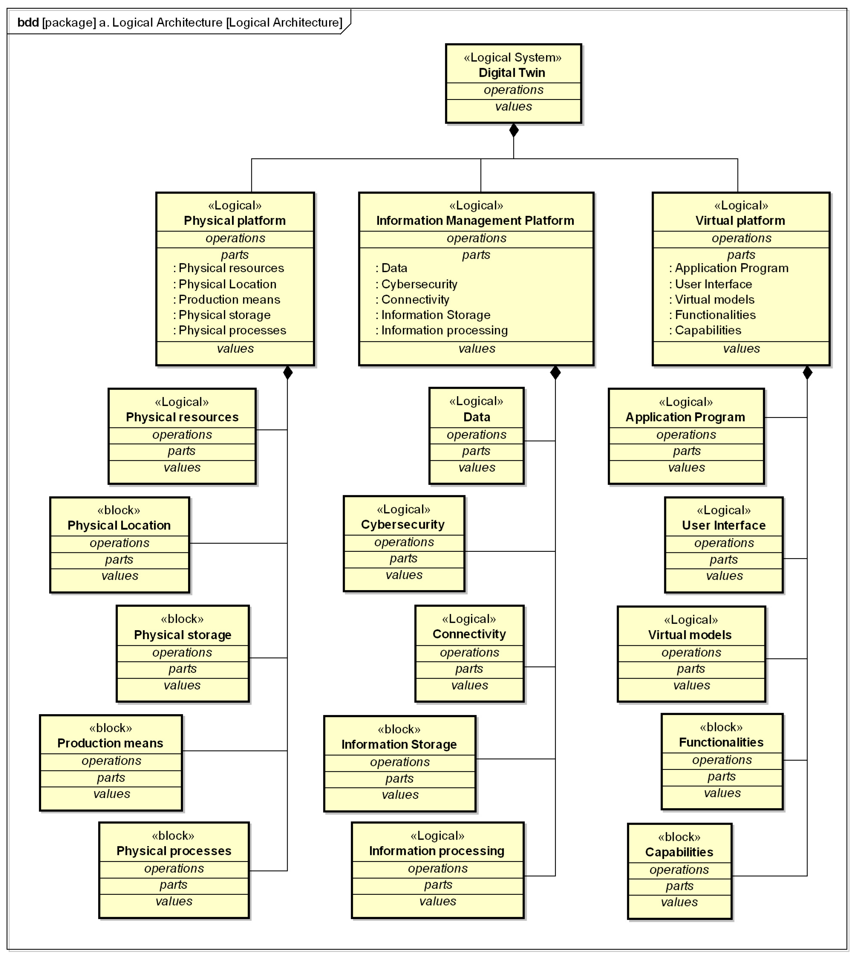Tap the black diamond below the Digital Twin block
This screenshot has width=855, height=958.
pyautogui.click(x=514, y=130)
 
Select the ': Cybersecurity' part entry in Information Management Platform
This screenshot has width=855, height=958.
pyautogui.click(x=416, y=284)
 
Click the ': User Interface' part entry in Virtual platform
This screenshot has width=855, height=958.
pyautogui.click(x=710, y=284)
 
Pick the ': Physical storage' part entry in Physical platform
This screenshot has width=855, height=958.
pyautogui.click(x=222, y=315)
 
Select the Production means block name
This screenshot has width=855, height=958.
pyautogui.click(x=110, y=743)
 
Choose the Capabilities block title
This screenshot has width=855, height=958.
pyautogui.click(x=679, y=852)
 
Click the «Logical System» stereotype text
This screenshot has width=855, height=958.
pyautogui.click(x=512, y=57)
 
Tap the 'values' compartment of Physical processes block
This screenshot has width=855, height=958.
pyautogui.click(x=174, y=901)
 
